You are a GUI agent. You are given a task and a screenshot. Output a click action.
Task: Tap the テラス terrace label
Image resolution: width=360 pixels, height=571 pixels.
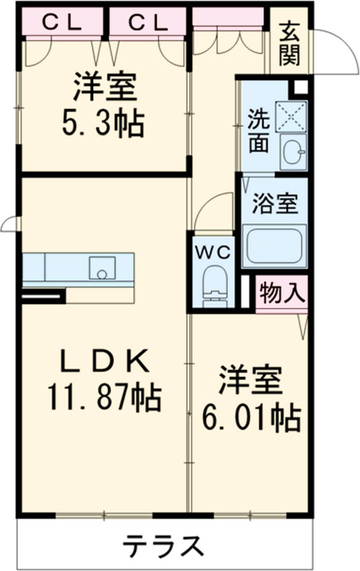click(162, 546)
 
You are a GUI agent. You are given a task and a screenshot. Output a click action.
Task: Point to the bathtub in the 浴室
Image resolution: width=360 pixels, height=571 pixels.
click(275, 246)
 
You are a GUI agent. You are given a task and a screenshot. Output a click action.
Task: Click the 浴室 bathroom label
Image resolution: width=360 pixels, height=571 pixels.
click(274, 204)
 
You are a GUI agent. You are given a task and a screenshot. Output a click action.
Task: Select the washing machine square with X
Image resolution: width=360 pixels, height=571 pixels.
click(290, 116)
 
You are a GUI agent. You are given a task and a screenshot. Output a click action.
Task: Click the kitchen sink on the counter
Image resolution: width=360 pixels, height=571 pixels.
click(102, 267)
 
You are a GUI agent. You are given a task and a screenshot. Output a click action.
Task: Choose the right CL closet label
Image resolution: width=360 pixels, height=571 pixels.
click(147, 22)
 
